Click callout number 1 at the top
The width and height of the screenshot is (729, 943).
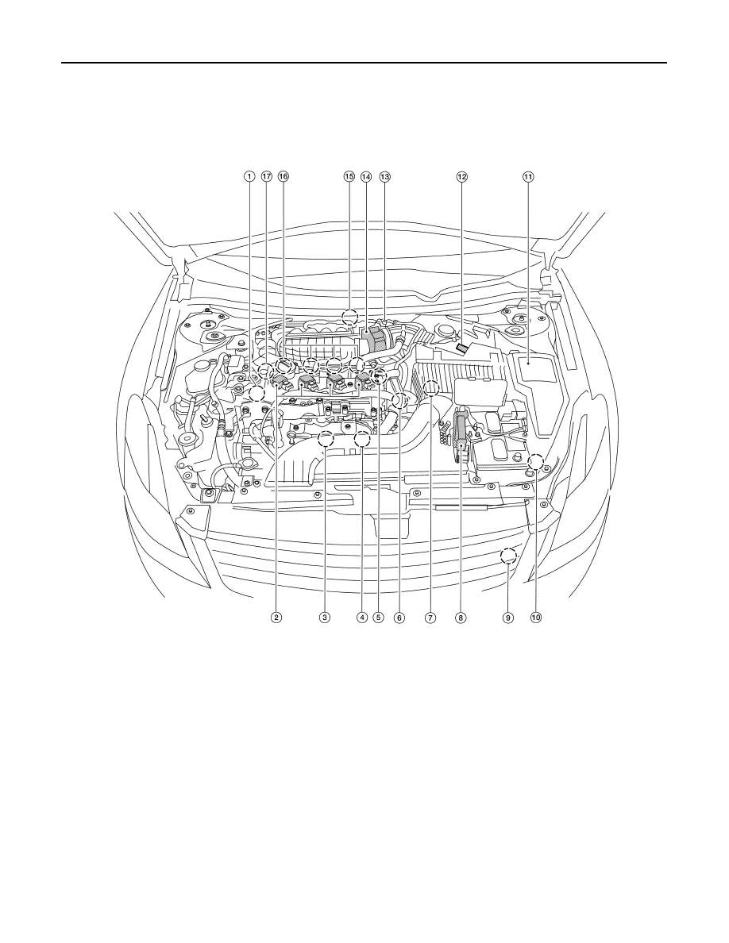248,177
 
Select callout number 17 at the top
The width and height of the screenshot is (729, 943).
267,177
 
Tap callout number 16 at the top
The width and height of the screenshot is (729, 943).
283,177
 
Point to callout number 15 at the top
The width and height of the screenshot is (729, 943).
349,177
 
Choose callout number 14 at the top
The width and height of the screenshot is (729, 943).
366,177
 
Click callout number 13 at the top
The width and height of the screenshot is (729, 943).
384,177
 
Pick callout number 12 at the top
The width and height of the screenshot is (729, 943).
461,177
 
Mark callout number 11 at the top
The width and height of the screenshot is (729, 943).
527,177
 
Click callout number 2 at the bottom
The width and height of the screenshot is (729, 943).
276,617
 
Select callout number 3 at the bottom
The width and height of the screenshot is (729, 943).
325,617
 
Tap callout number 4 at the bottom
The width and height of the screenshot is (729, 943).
361,617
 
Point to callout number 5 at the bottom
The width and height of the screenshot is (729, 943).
378,617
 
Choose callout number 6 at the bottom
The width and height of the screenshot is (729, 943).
399,617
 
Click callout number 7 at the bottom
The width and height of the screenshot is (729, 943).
430,617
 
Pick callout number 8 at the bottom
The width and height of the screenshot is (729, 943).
460,617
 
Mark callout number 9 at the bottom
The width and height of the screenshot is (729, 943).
508,617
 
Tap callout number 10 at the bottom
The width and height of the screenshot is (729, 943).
536,617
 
